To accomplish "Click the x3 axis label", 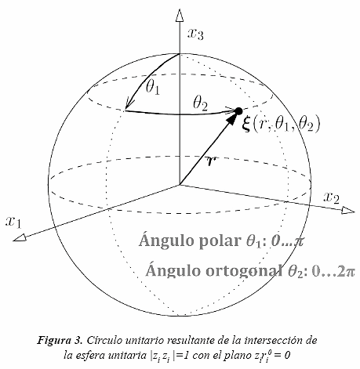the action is pyautogui.click(x=195, y=34).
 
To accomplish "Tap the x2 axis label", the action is pyautogui.click(x=332, y=197).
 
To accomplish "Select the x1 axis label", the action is pyautogui.click(x=13, y=222).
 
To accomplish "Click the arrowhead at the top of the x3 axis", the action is pyautogui.click(x=180, y=15).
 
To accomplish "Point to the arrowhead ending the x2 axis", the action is pyautogui.click(x=348, y=210).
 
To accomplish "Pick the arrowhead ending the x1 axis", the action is pyautogui.click(x=20, y=237).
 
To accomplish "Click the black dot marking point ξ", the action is pyautogui.click(x=238, y=111).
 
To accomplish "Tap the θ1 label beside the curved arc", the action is pyautogui.click(x=153, y=86).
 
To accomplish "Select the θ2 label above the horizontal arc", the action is pyautogui.click(x=200, y=103).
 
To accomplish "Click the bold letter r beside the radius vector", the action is pyautogui.click(x=211, y=161).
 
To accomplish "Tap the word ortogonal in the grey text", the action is pyautogui.click(x=245, y=270).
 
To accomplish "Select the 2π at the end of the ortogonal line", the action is pyautogui.click(x=346, y=272).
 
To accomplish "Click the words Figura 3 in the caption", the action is pyautogui.click(x=60, y=341).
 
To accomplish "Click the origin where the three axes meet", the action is pyautogui.click(x=180, y=185).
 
